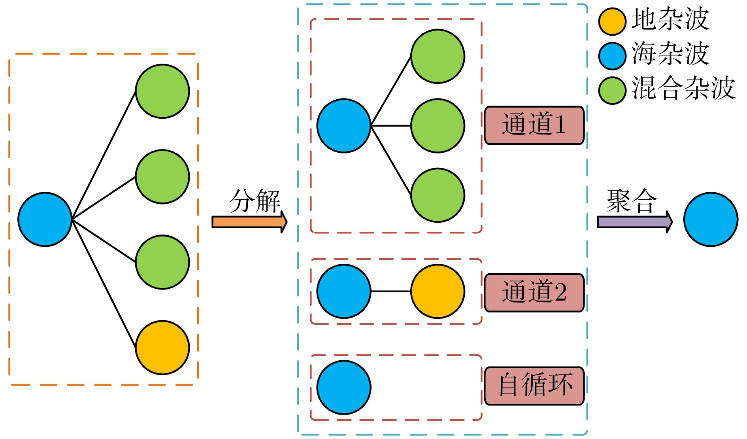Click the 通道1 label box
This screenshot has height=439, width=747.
point(534,125)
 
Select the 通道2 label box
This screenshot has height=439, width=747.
point(534,293)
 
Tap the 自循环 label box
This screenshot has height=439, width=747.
point(534,386)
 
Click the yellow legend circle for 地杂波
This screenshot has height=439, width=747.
point(612,21)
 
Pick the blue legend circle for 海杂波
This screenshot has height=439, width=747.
point(612,56)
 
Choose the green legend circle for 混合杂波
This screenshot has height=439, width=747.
point(612,90)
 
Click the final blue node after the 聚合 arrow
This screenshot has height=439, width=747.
point(711,219)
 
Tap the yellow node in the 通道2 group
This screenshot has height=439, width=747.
point(438,291)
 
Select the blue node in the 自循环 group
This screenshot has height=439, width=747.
point(344,388)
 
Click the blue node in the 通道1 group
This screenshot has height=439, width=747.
point(344,126)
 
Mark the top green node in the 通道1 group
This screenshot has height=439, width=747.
point(438,56)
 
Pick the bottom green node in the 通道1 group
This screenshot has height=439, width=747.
point(438,195)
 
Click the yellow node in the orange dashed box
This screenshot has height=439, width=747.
point(162,348)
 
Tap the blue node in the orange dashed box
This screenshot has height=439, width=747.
point(45,219)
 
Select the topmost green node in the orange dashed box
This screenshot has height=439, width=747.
point(162,91)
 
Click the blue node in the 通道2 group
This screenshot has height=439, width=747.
point(344,291)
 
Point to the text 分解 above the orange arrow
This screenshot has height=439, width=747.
point(255,201)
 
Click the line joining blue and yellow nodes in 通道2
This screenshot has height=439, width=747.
point(391,291)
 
